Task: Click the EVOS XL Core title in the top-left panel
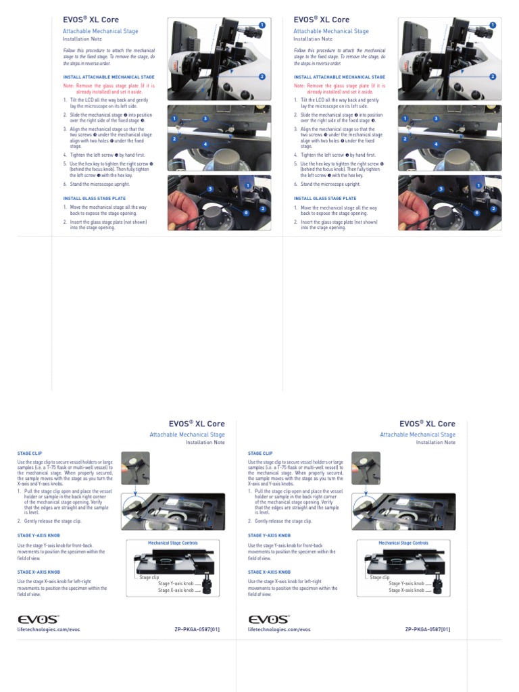(x=91, y=20)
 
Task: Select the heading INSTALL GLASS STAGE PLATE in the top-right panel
(x=324, y=198)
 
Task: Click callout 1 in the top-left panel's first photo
(x=262, y=25)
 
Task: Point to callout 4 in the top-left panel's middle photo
(x=205, y=144)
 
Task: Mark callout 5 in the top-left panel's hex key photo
(x=211, y=189)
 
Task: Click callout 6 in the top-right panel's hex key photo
(x=476, y=212)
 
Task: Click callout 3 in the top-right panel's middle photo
(x=435, y=119)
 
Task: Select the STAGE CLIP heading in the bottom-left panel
(x=30, y=453)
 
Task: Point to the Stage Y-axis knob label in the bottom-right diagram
(x=406, y=583)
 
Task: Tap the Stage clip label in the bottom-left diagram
(x=149, y=577)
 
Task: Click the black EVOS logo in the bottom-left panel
(x=38, y=618)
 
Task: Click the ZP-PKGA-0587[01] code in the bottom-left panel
(x=197, y=628)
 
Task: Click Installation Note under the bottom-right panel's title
(x=435, y=443)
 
